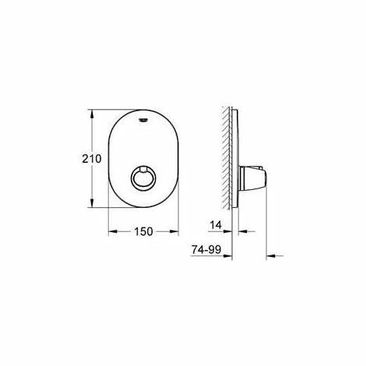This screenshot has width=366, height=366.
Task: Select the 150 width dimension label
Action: tap(142, 231)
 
